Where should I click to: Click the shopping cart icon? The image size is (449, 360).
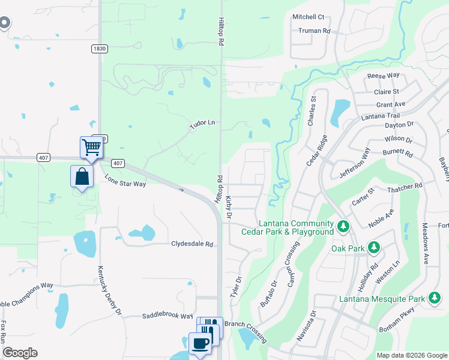pyautogui.click(x=91, y=146)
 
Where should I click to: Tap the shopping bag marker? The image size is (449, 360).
pyautogui.click(x=82, y=176)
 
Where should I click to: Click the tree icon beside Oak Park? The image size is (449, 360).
pyautogui.click(x=373, y=248)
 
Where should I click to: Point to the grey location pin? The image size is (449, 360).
pyautogui.click(x=4, y=23)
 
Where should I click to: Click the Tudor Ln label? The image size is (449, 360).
pyautogui.click(x=202, y=122)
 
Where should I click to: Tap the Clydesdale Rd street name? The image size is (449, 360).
pyautogui.click(x=192, y=244)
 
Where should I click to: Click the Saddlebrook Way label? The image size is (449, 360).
pyautogui.click(x=167, y=316)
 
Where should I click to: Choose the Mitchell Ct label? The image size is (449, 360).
pyautogui.click(x=308, y=17)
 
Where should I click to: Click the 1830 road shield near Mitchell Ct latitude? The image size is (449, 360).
pyautogui.click(x=100, y=48)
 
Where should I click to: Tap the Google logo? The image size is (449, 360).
pyautogui.click(x=20, y=353)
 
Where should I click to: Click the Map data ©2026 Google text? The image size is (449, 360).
pyautogui.click(x=411, y=355)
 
